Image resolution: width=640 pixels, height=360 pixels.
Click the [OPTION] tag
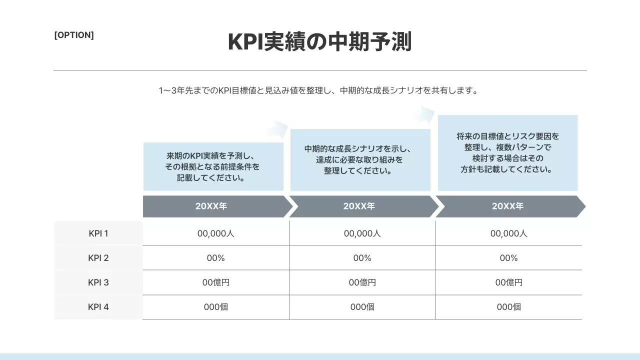point(74,35)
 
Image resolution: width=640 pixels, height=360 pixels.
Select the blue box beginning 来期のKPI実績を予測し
point(213,166)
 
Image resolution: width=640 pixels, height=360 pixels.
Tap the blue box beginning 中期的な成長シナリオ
point(360,160)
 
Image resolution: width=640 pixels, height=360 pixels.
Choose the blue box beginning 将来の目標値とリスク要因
point(507,152)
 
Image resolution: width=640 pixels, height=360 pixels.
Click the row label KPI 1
point(98,233)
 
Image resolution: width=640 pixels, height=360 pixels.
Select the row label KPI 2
point(98,258)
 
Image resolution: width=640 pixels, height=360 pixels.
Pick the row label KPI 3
point(98,282)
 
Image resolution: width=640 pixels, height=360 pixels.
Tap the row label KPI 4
point(98,307)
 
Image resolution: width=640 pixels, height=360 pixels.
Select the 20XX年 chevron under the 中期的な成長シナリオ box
point(360,206)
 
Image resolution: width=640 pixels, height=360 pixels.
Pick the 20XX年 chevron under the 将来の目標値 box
point(507,206)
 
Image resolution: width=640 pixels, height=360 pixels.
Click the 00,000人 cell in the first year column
point(216,233)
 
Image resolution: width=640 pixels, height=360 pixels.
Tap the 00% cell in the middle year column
point(362,258)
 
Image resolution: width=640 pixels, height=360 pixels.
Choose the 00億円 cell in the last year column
point(509,282)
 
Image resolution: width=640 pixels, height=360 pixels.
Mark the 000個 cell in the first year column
point(216,307)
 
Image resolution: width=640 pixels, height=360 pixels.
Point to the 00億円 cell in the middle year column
point(362,282)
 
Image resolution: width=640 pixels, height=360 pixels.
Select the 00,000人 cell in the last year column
point(509,233)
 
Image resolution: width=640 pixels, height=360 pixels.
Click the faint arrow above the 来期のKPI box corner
point(277,129)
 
